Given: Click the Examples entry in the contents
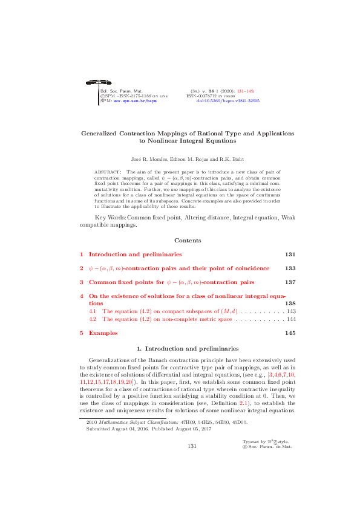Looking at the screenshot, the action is click(103, 333).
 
